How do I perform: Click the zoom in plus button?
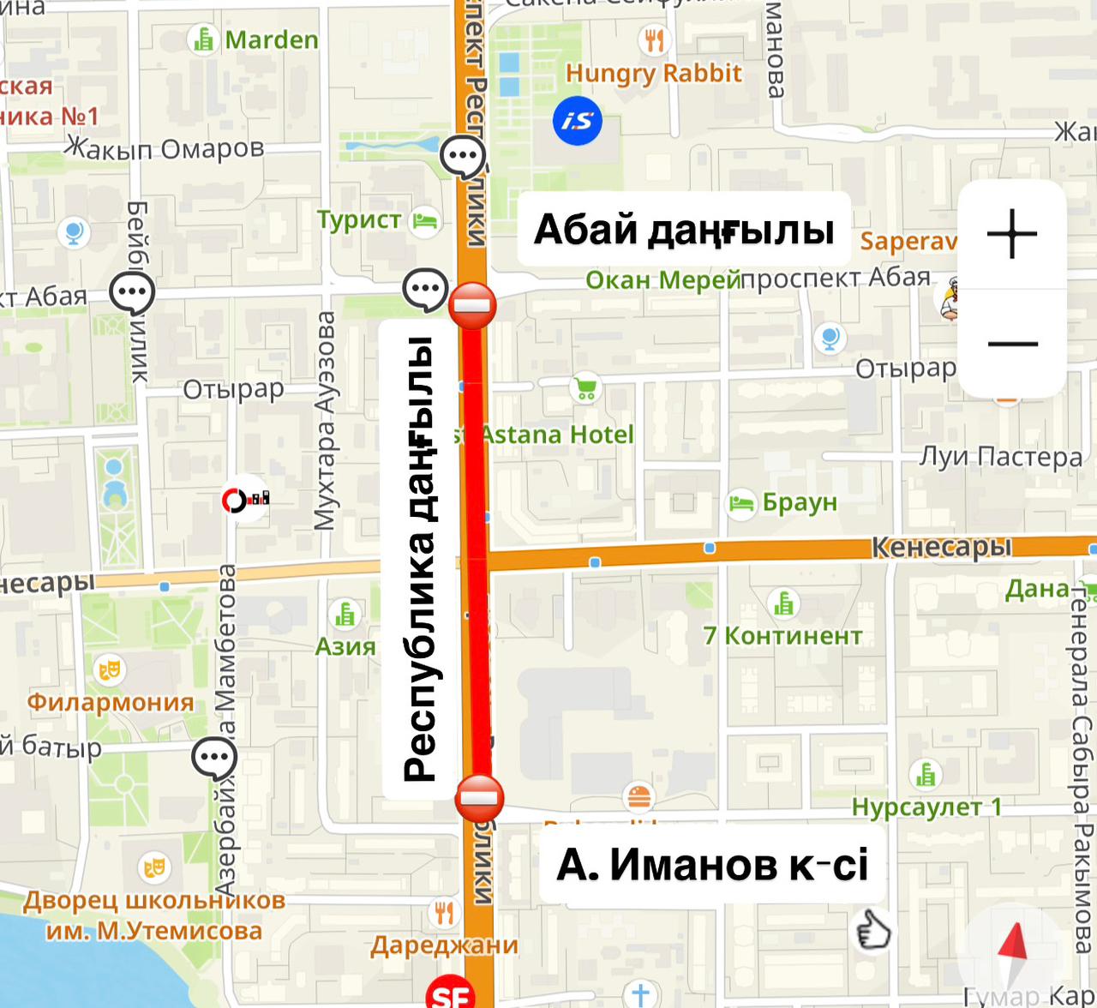[x=1012, y=233]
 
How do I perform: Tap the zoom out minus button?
[x=1012, y=344]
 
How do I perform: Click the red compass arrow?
[x=1014, y=946]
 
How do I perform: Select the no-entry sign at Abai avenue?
[x=472, y=304]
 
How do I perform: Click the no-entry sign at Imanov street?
[x=479, y=798]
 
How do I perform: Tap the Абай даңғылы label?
[x=684, y=230]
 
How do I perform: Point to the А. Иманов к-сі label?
[x=712, y=864]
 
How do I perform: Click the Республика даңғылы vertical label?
[x=419, y=559]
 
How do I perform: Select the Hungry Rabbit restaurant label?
[x=653, y=74]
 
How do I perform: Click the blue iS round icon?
[x=578, y=121]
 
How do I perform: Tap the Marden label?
[x=271, y=40]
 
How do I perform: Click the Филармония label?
[x=111, y=702]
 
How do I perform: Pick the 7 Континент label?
[x=782, y=636]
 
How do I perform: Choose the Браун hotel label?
[x=799, y=502]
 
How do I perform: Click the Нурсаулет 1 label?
[x=926, y=807]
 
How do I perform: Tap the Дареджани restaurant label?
[x=444, y=945]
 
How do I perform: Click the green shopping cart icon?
[x=586, y=388]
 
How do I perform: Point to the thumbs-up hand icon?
[x=872, y=930]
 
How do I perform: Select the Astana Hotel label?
[x=555, y=435]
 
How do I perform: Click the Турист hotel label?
[x=359, y=220]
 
